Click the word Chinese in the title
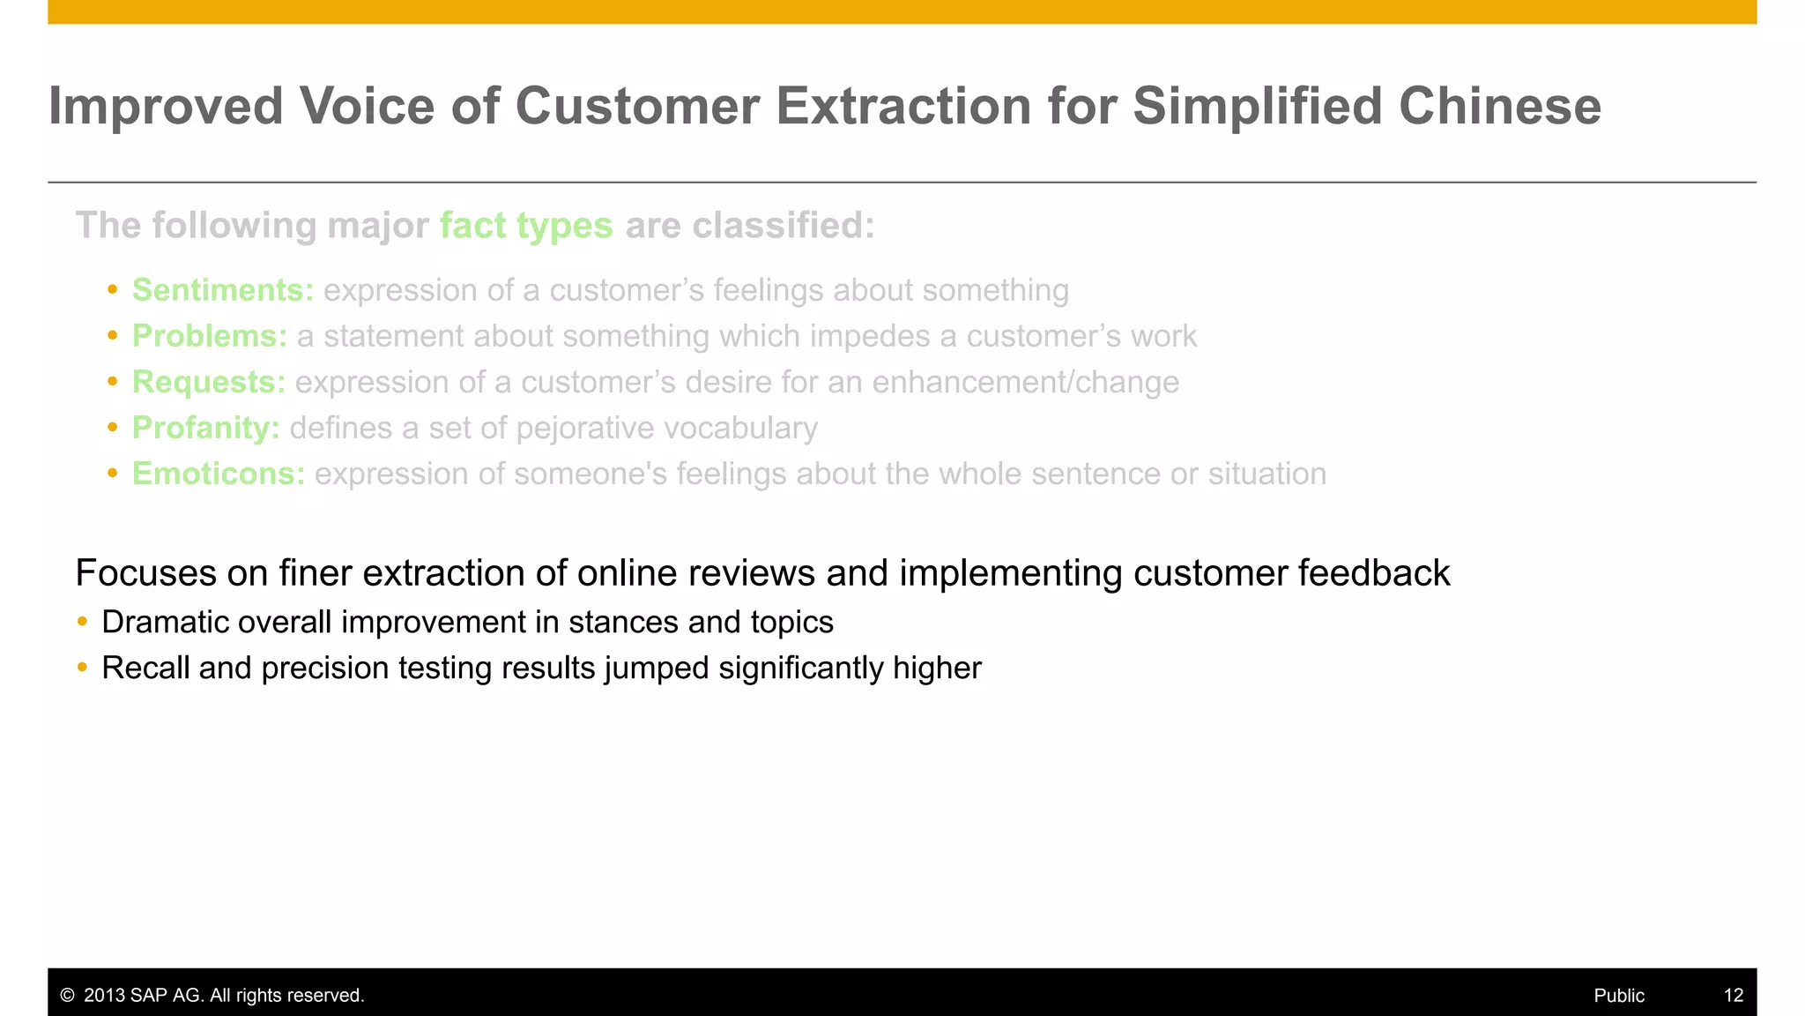pyautogui.click(x=1499, y=107)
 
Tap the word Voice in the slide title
pyautogui.click(x=367, y=107)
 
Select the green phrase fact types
pyautogui.click(x=526, y=226)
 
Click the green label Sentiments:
pyautogui.click(x=223, y=290)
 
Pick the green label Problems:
pyautogui.click(x=210, y=336)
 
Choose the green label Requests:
pyautogui.click(x=209, y=382)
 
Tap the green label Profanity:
pyautogui.click(x=206, y=428)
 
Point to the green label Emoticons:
pyautogui.click(x=219, y=474)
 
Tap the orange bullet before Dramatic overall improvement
pyautogui.click(x=82, y=622)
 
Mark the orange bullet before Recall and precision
pyautogui.click(x=82, y=668)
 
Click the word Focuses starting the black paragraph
pyautogui.click(x=145, y=573)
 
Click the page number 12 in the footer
pyautogui.click(x=1733, y=996)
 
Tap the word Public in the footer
pyautogui.click(x=1618, y=996)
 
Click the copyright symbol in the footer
pyautogui.click(x=67, y=996)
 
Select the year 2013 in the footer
pyautogui.click(x=104, y=996)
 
